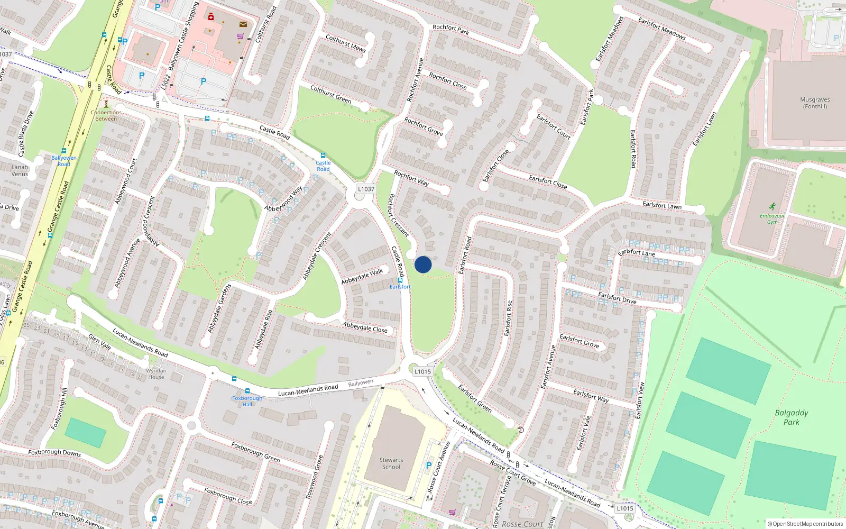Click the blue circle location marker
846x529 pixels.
tap(423, 264)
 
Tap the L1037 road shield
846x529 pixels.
tap(366, 189)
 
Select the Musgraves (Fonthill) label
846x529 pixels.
tap(815, 103)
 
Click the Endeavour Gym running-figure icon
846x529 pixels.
tap(773, 206)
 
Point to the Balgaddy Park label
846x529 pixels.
tap(792, 417)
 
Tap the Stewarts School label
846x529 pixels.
tap(391, 463)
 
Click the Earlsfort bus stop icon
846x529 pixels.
tap(400, 280)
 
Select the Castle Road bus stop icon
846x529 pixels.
tap(323, 156)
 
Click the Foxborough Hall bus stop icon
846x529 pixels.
tap(247, 391)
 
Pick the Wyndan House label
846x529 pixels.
tap(156, 373)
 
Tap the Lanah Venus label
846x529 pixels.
tap(20, 170)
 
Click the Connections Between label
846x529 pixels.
tap(106, 115)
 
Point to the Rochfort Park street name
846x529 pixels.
tap(450, 30)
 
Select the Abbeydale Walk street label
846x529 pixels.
tap(362, 276)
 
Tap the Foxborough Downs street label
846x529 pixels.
tap(54, 453)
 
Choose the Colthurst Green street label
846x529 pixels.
tap(330, 94)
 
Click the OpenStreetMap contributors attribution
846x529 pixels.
tap(805, 524)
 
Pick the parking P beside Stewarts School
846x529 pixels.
tap(429, 466)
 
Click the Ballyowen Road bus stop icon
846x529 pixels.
tap(64, 151)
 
